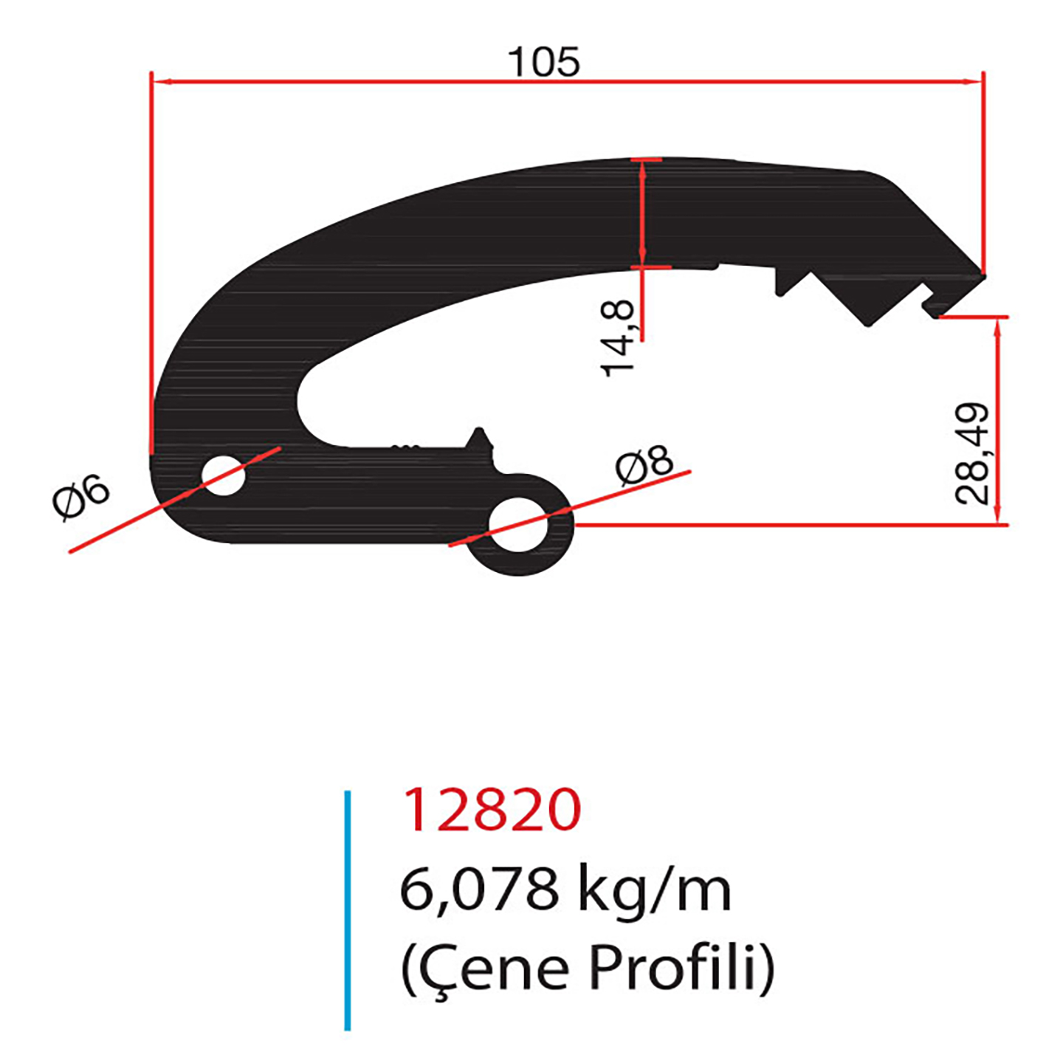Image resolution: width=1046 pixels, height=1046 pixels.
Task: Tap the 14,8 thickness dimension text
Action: click(x=619, y=340)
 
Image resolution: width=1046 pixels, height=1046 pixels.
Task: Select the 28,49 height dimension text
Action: click(x=971, y=454)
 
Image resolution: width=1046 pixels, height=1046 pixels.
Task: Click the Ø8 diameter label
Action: click(x=645, y=467)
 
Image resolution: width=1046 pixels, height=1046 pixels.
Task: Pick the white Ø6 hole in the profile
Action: click(x=223, y=475)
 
